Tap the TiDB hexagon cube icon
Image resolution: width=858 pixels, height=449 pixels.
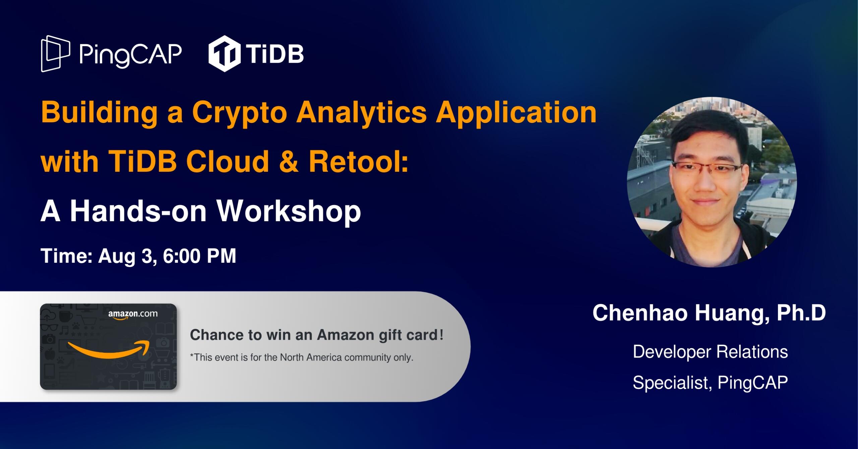pos(224,54)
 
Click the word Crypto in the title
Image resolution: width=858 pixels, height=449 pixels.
pos(240,113)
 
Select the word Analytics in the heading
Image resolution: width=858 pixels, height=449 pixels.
pos(361,113)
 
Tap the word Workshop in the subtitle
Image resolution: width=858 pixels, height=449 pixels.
pos(289,211)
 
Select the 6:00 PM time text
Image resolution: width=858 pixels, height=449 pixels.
pos(199,256)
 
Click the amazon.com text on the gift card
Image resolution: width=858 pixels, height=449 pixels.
pos(133,314)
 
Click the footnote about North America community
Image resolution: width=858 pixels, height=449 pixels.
pos(302,358)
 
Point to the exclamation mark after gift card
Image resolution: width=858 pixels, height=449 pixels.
pos(441,334)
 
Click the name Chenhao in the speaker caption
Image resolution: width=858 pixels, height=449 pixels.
pos(640,313)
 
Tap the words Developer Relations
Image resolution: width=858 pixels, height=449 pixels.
pos(710,352)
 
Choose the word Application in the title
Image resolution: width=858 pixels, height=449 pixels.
pos(516,113)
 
